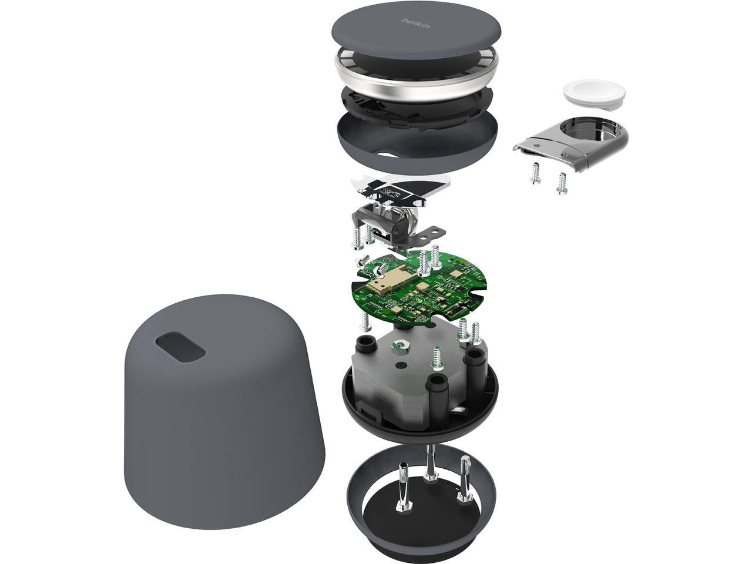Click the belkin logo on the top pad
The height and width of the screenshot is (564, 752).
(416, 23)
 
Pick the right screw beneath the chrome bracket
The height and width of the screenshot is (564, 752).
(562, 183)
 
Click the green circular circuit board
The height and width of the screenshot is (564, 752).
(419, 290)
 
